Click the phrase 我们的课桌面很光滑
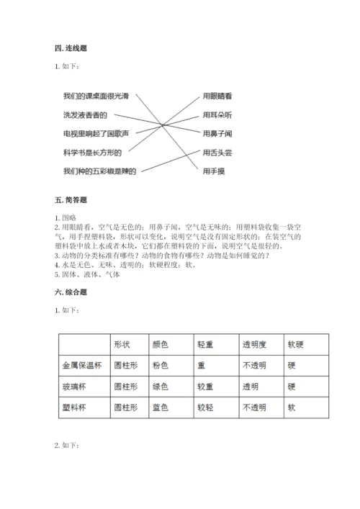pyautogui.click(x=95, y=96)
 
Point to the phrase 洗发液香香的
pyautogui.click(x=84, y=114)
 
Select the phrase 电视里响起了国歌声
pyautogui.click(x=95, y=133)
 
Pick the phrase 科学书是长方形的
pyautogui.click(x=91, y=152)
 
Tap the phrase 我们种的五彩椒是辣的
pyautogui.click(x=99, y=171)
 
